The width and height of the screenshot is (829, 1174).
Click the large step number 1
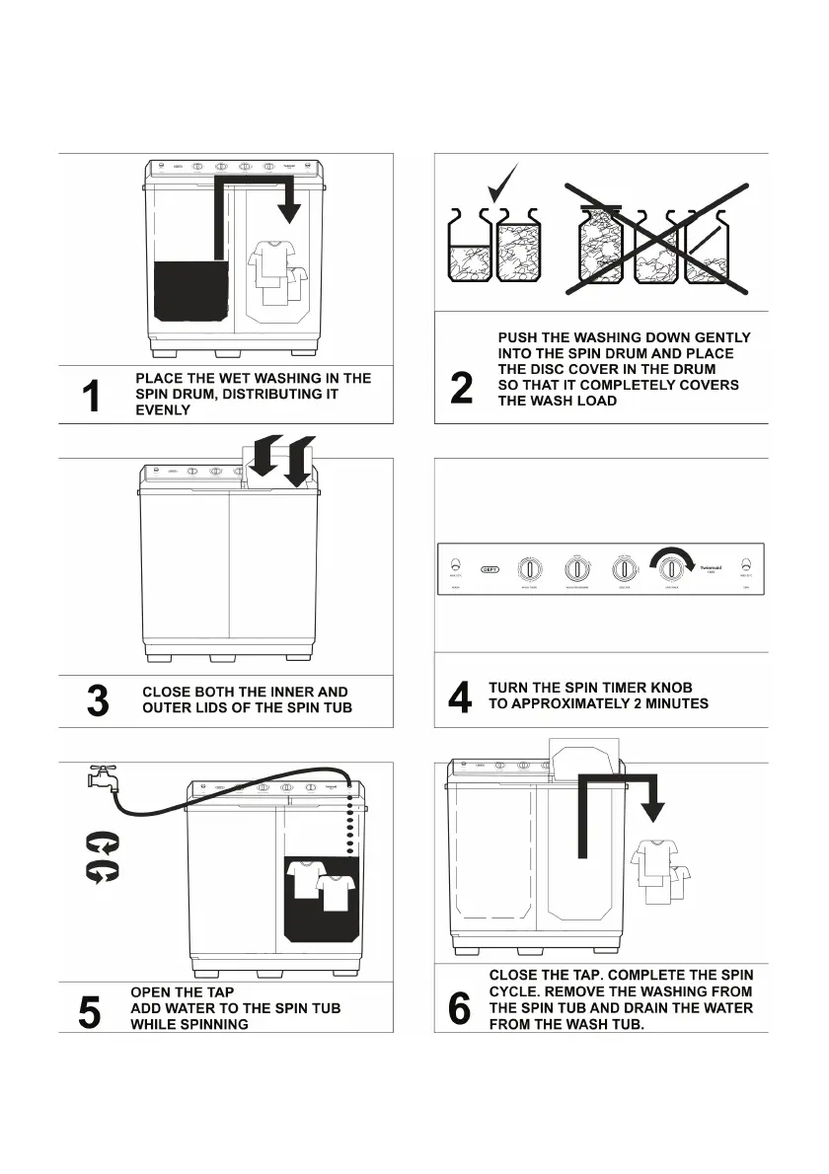coord(91,396)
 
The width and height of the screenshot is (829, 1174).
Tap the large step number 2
coord(461,387)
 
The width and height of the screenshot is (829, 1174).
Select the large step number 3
coord(98,700)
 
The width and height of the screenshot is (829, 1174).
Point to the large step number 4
coord(460,697)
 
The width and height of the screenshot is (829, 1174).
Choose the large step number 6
coord(460,1008)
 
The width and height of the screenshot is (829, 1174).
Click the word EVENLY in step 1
coord(163,409)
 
